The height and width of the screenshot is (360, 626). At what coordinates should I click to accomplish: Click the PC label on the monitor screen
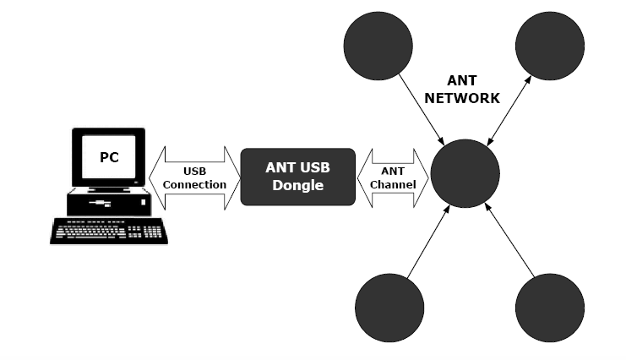coord(109,156)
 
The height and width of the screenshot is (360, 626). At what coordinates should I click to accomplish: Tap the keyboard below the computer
coord(107,231)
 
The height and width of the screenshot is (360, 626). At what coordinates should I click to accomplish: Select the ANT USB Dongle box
coord(298,177)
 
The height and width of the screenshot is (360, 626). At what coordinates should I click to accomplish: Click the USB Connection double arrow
coord(194,177)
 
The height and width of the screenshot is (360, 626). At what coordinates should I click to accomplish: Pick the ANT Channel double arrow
coord(393,177)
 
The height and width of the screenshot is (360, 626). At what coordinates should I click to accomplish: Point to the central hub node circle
coord(465,174)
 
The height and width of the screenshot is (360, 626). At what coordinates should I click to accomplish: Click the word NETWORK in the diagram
coord(462,98)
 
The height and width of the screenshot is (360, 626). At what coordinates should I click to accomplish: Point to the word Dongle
coord(297,185)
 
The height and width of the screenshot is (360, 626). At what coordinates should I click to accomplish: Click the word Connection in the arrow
coord(194,184)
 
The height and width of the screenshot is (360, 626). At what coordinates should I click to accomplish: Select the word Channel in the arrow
coord(393,184)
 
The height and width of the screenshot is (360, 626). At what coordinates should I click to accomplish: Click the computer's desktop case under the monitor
coord(107,203)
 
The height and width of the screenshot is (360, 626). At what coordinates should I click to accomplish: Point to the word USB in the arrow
coord(194,172)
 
